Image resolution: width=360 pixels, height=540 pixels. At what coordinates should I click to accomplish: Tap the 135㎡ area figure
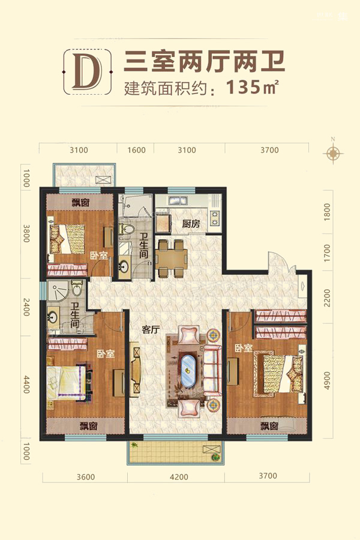click(252, 87)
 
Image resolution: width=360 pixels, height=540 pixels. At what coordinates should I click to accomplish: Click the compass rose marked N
click(333, 152)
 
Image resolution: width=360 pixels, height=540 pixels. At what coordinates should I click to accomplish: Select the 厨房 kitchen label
click(191, 224)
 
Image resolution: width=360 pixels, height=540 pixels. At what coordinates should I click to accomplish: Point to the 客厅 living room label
click(151, 329)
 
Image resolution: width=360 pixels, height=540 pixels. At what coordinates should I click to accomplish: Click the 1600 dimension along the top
click(136, 150)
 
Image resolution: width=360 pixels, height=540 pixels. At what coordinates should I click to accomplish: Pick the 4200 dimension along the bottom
click(179, 477)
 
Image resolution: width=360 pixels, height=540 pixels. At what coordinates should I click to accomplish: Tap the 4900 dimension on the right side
click(327, 380)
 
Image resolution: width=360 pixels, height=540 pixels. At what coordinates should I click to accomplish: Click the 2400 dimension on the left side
click(26, 307)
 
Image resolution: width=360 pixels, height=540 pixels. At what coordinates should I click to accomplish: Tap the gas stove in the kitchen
click(215, 218)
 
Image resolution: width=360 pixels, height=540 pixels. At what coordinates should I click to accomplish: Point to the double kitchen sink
click(178, 200)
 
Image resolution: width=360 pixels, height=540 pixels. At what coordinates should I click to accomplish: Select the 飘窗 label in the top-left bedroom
click(80, 202)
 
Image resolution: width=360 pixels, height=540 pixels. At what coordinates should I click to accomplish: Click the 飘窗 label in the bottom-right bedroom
click(269, 426)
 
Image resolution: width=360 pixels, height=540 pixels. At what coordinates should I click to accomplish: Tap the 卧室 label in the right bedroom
click(244, 348)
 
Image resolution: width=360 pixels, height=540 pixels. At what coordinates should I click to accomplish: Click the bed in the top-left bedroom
click(68, 239)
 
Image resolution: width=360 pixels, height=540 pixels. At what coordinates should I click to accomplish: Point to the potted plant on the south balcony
click(216, 457)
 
